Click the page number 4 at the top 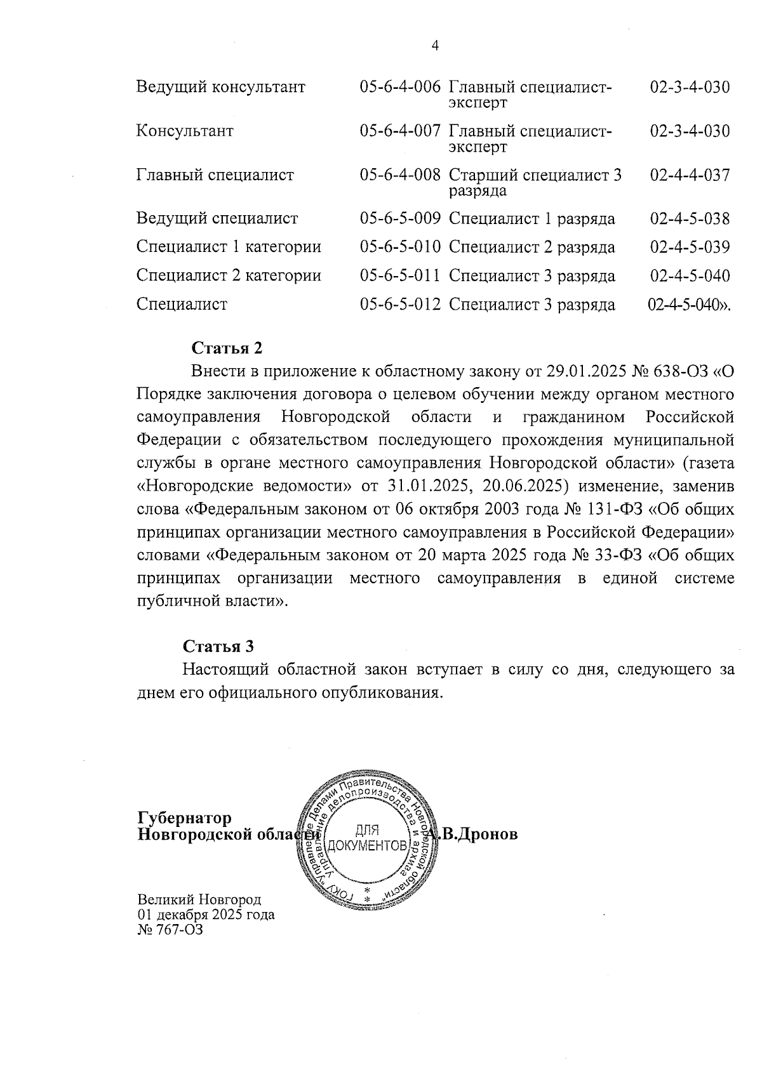click(x=435, y=45)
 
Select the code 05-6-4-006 click(x=400, y=88)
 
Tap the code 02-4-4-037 click(x=690, y=175)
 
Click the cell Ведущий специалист click(x=217, y=219)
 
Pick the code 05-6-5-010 click(x=400, y=247)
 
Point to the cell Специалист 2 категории click(x=229, y=275)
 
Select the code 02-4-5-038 click(x=690, y=219)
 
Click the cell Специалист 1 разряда click(x=531, y=219)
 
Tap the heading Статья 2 click(x=227, y=348)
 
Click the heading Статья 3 click(x=218, y=646)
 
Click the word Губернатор click(x=185, y=817)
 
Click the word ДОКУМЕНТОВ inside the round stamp click(x=366, y=846)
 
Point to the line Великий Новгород click(x=199, y=900)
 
